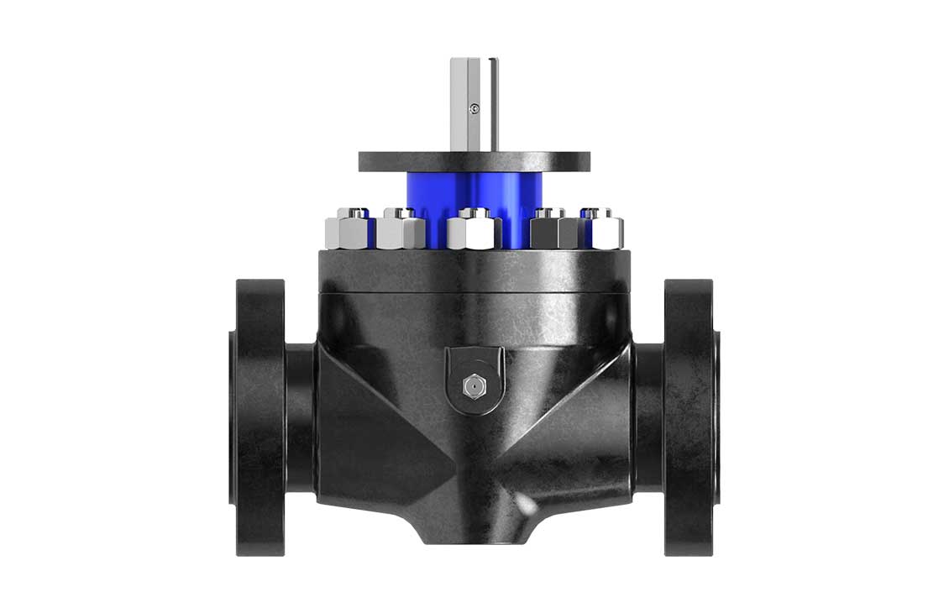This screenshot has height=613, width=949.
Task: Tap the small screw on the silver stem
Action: point(475,107)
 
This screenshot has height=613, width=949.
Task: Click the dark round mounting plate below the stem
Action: point(474,160)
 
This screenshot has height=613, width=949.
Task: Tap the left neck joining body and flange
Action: point(301,417)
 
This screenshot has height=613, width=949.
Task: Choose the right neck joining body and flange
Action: point(648,417)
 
